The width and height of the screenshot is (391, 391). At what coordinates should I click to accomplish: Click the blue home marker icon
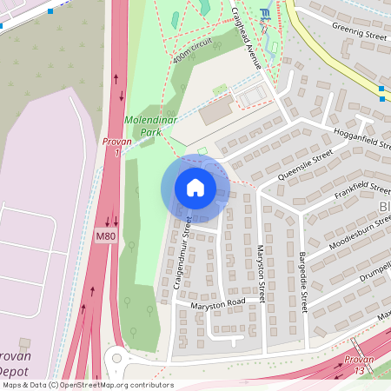(x=195, y=188)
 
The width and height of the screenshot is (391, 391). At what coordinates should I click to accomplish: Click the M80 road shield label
(x=105, y=236)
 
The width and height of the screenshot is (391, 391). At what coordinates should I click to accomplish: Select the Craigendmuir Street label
(x=181, y=253)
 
